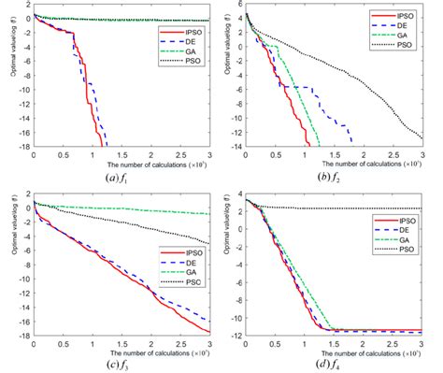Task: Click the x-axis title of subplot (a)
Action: (121, 160)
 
